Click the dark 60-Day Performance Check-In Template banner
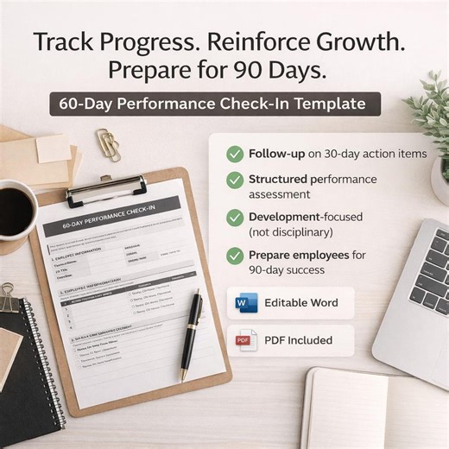[214, 104]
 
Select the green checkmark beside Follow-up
[234, 154]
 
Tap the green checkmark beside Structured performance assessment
[234, 180]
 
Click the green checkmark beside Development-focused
[234, 218]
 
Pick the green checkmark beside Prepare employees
[234, 256]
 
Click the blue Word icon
[245, 303]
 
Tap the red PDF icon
[247, 340]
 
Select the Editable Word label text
[300, 303]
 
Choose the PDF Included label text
[298, 340]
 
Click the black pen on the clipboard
[192, 332]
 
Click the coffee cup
[15, 209]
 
